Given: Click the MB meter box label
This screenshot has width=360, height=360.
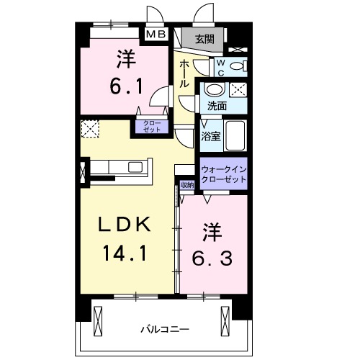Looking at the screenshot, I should click(156, 34).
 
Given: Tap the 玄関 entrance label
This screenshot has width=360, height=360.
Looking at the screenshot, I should click(203, 39).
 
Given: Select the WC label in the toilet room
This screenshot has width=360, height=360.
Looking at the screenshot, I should click(222, 67).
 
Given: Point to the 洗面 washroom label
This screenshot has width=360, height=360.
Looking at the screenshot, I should click(217, 106).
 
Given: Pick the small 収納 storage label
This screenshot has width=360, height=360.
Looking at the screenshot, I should click(187, 185).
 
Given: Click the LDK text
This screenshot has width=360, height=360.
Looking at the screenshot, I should click(125, 226).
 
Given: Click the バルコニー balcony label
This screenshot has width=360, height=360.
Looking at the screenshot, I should click(165, 329).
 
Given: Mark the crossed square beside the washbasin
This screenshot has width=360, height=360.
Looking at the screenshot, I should click(238, 91).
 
